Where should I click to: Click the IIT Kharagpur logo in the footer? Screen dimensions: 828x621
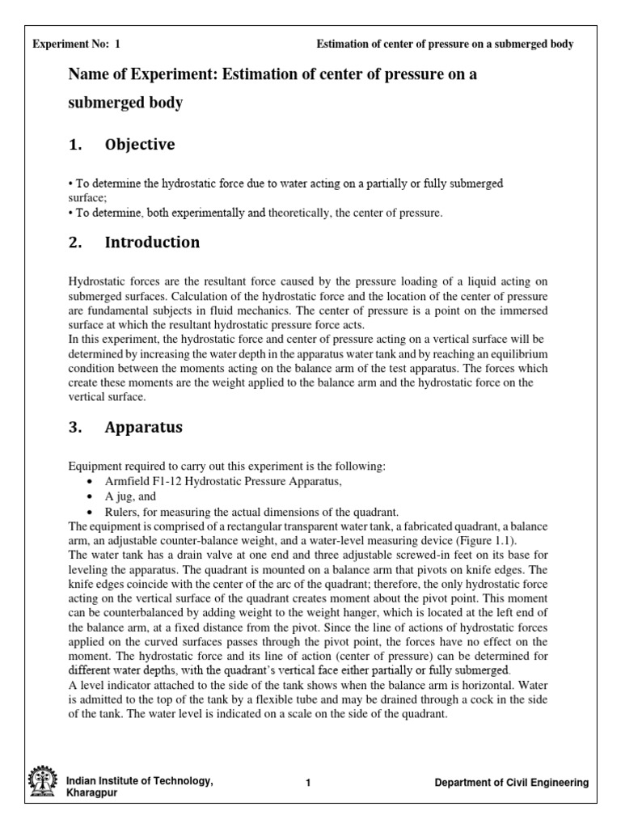tap(42, 784)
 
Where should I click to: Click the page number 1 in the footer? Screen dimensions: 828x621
tap(309, 783)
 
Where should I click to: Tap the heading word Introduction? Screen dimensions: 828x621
tap(152, 242)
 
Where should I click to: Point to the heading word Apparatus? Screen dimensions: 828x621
tap(144, 428)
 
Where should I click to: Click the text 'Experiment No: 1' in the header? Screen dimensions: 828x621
tap(75, 44)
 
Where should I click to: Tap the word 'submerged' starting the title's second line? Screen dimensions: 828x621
tap(105, 103)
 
